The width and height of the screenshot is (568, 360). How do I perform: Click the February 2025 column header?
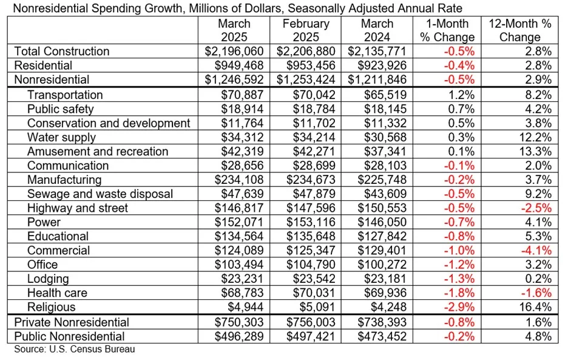[306, 30]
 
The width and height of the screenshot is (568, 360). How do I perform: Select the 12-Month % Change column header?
[520, 30]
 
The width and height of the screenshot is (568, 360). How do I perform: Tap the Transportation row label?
[65, 95]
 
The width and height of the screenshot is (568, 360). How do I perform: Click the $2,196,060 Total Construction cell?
[234, 52]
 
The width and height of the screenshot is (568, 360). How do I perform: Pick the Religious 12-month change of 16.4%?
[535, 307]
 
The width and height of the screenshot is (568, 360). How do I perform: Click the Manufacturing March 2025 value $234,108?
[239, 180]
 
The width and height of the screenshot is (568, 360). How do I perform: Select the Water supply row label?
[61, 137]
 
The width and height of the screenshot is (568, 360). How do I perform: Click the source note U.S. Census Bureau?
[74, 349]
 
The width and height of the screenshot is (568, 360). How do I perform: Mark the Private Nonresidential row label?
[72, 322]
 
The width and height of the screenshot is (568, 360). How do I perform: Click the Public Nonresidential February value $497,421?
[311, 336]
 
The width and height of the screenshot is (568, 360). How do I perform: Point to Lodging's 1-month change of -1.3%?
[459, 279]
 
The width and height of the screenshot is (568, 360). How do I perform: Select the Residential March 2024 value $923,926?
[382, 66]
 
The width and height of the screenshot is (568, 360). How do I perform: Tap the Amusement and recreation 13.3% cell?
[535, 152]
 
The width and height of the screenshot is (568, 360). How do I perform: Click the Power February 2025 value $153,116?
[311, 222]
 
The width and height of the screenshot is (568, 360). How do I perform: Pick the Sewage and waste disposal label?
[100, 194]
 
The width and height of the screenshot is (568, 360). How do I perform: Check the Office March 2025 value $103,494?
[239, 265]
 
